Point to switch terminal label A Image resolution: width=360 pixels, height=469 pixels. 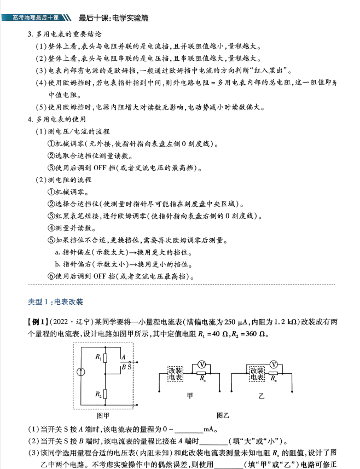123,356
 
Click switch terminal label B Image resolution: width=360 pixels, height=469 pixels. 123,367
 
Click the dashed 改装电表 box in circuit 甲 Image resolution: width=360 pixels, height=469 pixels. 176,374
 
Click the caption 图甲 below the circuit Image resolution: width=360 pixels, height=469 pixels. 102,415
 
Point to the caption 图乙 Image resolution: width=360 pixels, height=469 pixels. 223,415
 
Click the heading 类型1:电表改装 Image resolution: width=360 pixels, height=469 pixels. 55,302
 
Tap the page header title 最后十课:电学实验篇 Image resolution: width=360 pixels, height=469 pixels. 114,18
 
